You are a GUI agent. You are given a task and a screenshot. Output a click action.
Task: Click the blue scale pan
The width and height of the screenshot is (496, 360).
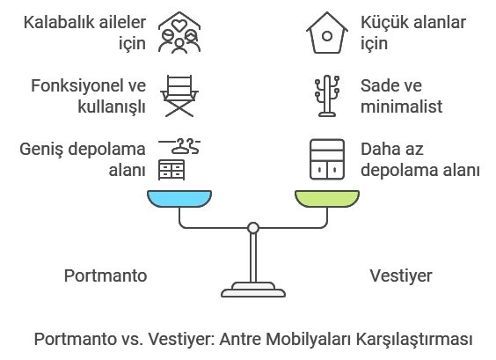click(x=179, y=199)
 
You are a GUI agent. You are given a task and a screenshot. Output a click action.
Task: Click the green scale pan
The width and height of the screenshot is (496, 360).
click(x=327, y=199)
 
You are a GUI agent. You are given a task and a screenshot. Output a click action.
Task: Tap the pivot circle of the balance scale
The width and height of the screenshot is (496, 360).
click(x=253, y=228)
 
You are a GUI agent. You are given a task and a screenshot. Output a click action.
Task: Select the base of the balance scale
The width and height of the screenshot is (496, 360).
click(x=253, y=290)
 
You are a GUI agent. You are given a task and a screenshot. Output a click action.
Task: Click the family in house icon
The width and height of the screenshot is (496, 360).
click(x=179, y=33)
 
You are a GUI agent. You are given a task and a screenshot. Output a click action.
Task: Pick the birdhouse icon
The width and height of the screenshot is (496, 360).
click(x=327, y=33)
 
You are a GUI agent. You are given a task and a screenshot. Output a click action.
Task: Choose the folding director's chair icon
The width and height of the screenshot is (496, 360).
click(x=179, y=96)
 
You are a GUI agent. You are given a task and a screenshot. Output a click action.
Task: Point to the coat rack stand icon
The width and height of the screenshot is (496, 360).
click(x=327, y=96)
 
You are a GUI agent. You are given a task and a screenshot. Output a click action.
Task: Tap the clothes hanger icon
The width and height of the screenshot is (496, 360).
click(x=179, y=147)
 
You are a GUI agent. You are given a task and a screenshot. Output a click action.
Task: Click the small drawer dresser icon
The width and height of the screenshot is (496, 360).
click(x=171, y=170)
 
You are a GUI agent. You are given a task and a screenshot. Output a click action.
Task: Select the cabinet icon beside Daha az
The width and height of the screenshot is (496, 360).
click(x=327, y=159)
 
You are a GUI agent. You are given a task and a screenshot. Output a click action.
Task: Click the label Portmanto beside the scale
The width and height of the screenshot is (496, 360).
click(x=106, y=276)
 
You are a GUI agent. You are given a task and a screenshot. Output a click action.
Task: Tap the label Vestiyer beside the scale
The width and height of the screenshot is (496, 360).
click(x=401, y=276)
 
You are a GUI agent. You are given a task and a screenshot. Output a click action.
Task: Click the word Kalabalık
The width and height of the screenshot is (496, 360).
click(x=56, y=23)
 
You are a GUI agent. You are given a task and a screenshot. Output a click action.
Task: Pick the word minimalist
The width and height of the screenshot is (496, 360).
click(x=401, y=107)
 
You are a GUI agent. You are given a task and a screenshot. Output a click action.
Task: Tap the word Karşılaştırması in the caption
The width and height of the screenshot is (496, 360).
click(x=414, y=340)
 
